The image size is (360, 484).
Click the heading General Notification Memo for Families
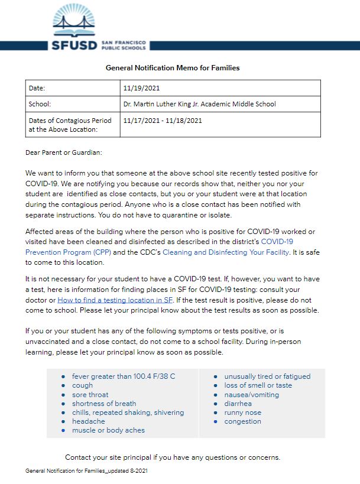172,68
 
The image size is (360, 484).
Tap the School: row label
40,104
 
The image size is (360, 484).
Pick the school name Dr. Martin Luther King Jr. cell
199,104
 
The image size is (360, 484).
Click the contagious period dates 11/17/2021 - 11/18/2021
163,121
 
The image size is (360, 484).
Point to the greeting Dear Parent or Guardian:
64,152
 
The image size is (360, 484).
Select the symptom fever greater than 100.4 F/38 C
124,376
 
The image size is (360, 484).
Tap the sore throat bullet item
90,395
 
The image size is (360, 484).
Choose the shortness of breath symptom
104,404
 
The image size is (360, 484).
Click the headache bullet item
88,421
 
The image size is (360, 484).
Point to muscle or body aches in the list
108,430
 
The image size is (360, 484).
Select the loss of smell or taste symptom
258,385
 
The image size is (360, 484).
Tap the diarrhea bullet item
238,404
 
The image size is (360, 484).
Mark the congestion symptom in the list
242,421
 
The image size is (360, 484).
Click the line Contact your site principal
172,457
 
